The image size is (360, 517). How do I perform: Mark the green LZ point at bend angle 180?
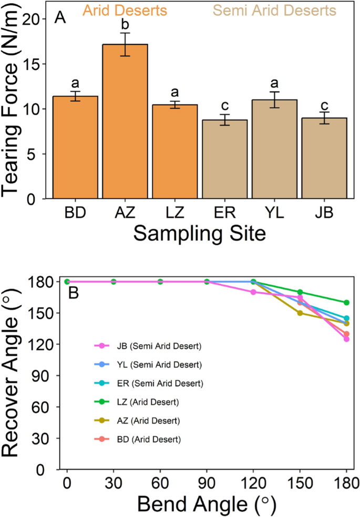(347, 303)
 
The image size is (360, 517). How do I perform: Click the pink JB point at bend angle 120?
(254, 292)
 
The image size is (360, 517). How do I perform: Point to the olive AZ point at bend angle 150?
(300, 313)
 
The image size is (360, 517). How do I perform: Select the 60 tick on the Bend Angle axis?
(160, 482)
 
